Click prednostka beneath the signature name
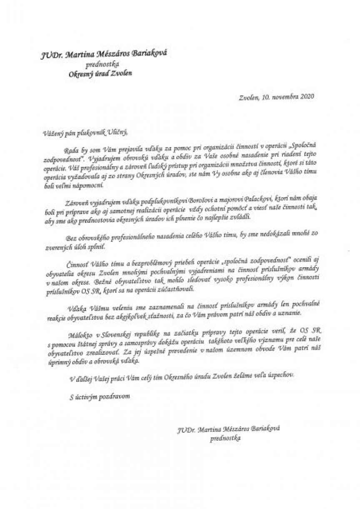(225, 438)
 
